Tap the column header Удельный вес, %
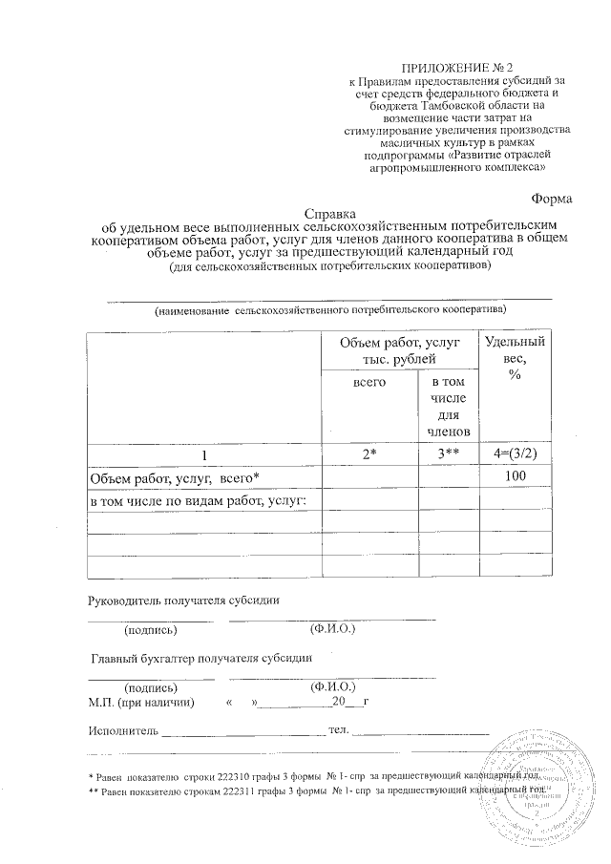[515, 358]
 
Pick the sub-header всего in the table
[369, 382]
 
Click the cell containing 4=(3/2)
[515, 454]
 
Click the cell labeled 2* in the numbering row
[369, 454]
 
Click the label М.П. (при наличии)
[140, 702]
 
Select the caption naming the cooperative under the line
[330, 310]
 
